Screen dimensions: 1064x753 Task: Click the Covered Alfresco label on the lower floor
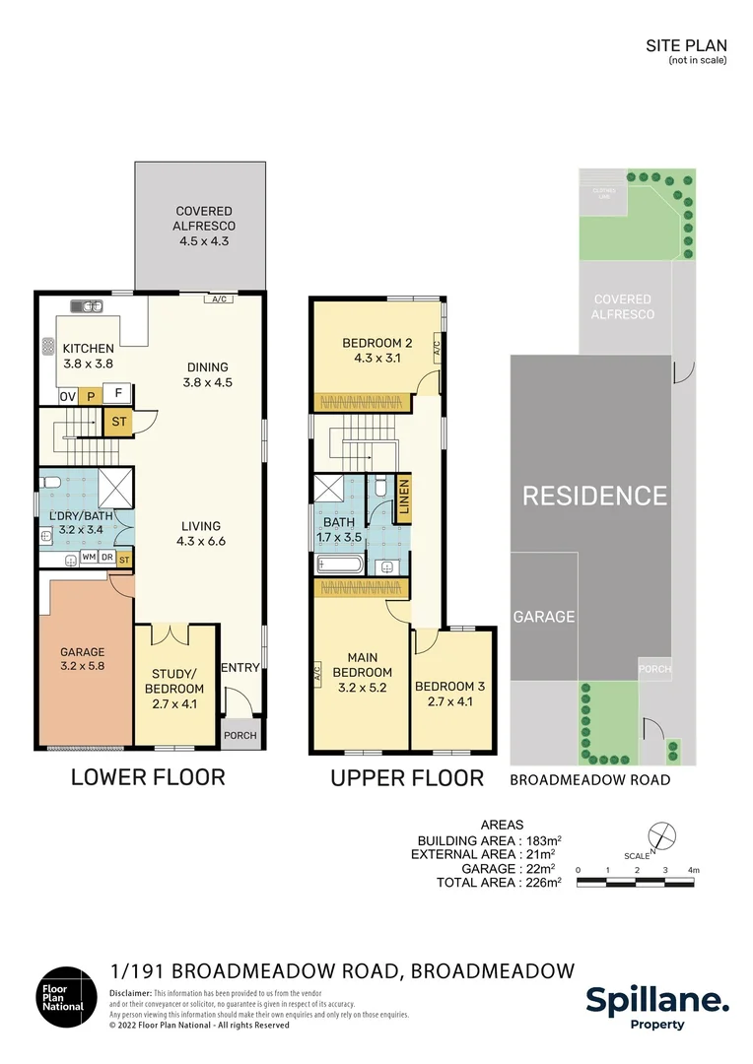(x=203, y=226)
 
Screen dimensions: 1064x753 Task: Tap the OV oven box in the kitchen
(x=67, y=396)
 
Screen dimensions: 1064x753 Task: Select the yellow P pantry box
(x=91, y=396)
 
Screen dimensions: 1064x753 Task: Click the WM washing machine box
(x=89, y=559)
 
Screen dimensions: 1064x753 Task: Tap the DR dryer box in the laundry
(x=107, y=559)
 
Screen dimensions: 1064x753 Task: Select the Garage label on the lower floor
(x=83, y=659)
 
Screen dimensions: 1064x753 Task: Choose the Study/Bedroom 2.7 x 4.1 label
(x=174, y=681)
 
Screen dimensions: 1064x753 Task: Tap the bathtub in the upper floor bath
(x=340, y=565)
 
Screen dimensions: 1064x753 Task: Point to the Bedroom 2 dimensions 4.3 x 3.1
(x=376, y=359)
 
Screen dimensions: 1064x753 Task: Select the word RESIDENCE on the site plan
(x=593, y=496)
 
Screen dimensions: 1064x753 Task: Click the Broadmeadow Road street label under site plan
(x=589, y=780)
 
